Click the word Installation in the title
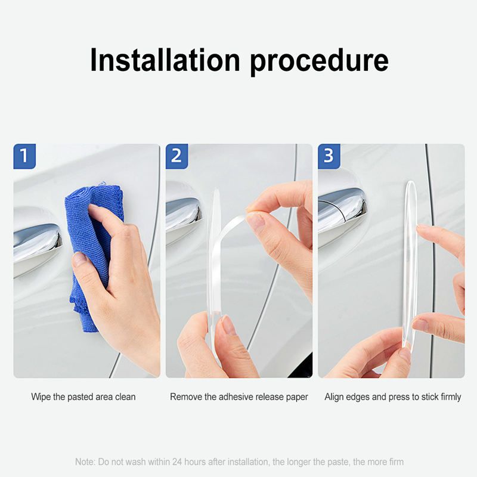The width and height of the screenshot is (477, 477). coord(165,60)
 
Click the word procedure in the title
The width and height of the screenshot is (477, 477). coord(320,62)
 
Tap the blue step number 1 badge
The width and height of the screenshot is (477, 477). coord(24,156)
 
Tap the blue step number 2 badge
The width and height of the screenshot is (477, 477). coord(176,156)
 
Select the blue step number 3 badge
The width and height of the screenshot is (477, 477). coord(329,156)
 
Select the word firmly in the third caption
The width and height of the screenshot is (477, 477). coord(451,397)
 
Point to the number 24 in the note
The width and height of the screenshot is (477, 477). coord(177,461)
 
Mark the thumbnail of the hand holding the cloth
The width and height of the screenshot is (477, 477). coord(86,261)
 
